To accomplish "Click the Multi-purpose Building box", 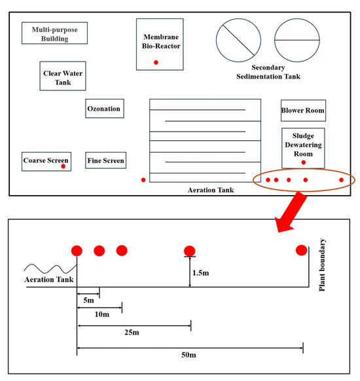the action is pos(55,33).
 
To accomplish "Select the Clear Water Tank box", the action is pos(63,76).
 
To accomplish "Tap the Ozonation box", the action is pos(105,109).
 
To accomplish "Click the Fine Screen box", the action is pos(105,160).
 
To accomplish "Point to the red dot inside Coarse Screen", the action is pos(63,166).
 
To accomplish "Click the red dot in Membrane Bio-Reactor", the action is pos(156,62).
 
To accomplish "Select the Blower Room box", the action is pos(304,111).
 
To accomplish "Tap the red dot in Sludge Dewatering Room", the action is pos(304,162).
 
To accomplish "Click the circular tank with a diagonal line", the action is pos(238,41).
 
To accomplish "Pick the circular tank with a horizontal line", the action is pos(297,41).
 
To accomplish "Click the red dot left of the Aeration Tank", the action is pos(143,180).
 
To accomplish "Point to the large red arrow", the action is pos(291,212).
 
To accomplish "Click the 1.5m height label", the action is pos(201,273).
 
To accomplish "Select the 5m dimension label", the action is pos(88,300).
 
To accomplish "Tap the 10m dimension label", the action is pos(102,314).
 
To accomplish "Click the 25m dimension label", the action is pos(132,332).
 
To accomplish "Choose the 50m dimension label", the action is pos(189,355).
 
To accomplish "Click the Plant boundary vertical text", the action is pos(322,265).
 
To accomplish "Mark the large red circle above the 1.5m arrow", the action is pos(189,251).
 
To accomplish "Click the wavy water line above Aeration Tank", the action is pos(50,269).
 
